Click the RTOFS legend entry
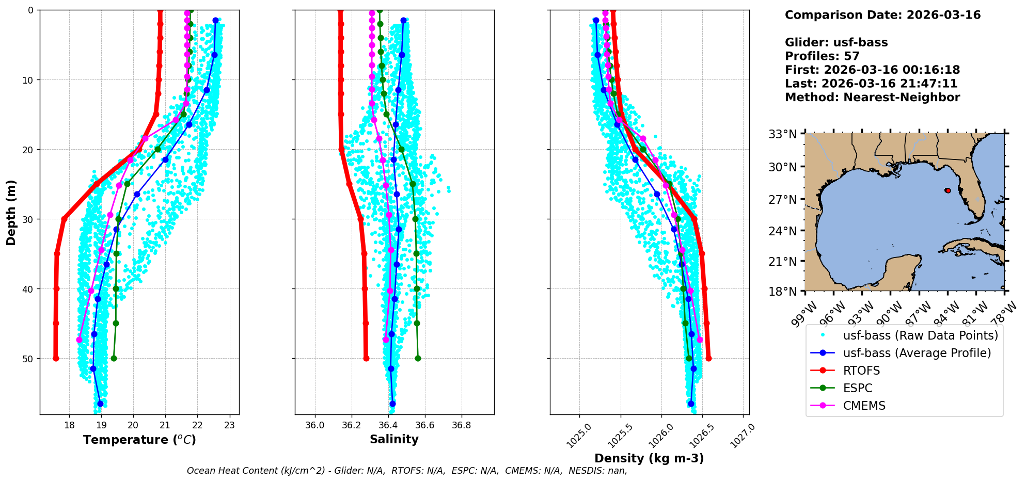point(861,371)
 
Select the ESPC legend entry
point(858,388)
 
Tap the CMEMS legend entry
point(864,406)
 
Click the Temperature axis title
point(139,440)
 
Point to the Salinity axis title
point(394,439)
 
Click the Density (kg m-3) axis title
point(649,458)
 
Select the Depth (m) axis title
point(11,212)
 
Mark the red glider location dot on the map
point(948,190)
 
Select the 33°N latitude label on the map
point(783,135)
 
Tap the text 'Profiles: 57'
point(822,56)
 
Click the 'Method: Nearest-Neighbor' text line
point(872,98)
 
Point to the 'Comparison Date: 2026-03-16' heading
point(882,15)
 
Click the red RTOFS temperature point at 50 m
point(56,358)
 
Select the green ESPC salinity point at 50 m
point(418,358)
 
